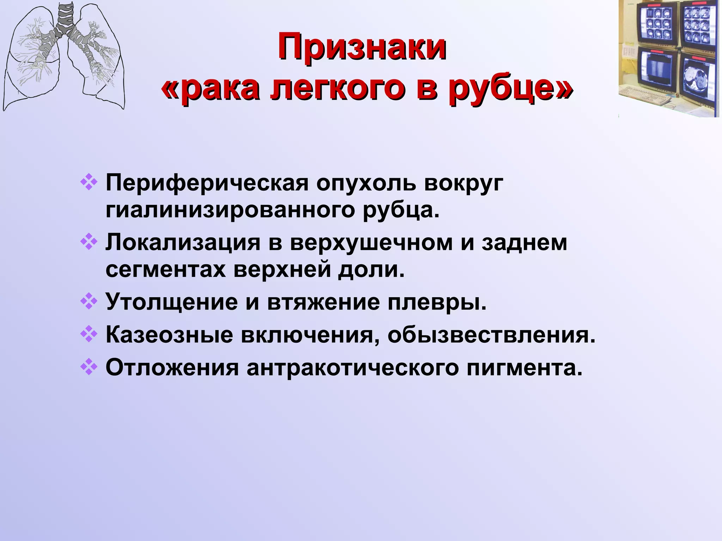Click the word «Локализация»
click(x=183, y=243)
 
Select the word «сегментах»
click(x=165, y=270)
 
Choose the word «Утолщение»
click(x=172, y=302)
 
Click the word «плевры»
click(x=437, y=302)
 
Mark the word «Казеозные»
click(x=169, y=335)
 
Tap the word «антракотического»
click(x=353, y=368)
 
